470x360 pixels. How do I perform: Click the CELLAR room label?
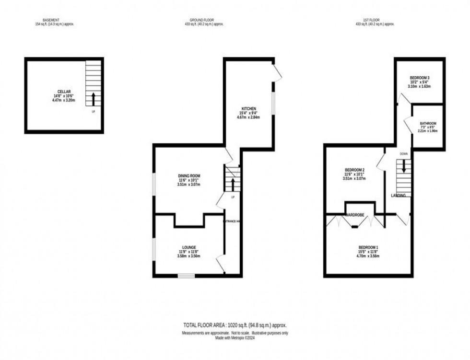pos(64,91)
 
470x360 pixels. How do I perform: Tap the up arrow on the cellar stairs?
pos(93,99)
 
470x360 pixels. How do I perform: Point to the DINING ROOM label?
pos(188,175)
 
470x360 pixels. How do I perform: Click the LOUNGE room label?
pos(189,247)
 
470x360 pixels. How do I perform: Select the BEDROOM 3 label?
pos(419,78)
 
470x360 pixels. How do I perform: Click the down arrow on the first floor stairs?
pos(404,166)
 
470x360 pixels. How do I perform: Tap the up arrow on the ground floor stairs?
pos(233,185)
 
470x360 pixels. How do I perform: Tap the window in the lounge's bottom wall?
pos(186,276)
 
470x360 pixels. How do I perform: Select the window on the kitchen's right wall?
pos(273,103)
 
